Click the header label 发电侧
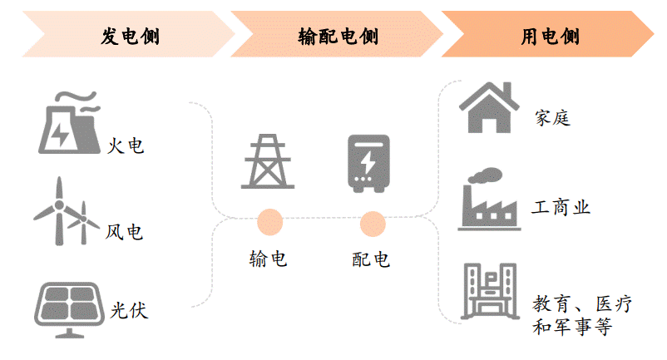131,36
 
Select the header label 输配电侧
338,36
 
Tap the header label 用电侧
551,36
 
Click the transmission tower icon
268,161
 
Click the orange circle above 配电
372,223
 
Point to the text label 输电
268,259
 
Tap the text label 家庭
552,118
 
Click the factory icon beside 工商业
489,199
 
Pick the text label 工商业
562,208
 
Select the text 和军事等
572,327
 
